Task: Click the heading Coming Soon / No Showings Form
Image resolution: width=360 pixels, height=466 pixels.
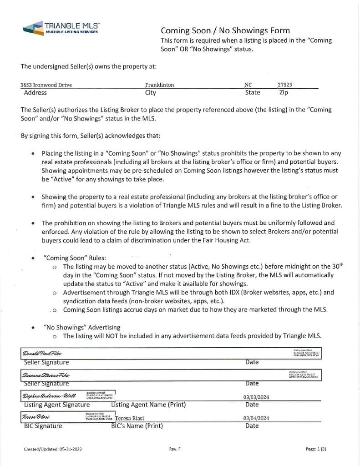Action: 225,30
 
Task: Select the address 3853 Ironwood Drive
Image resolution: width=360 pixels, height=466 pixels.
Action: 46,85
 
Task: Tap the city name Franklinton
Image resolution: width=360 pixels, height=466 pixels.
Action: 159,85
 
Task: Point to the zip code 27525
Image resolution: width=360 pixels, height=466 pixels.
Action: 285,85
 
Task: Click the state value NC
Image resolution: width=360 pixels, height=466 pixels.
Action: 248,85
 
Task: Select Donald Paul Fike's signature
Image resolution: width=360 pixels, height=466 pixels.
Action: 42,354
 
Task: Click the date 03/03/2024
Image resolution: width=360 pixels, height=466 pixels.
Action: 256,397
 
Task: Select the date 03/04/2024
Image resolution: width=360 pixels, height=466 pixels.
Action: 256,418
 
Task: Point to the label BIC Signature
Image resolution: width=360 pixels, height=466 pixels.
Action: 43,426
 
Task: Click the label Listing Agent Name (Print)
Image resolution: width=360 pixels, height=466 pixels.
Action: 148,405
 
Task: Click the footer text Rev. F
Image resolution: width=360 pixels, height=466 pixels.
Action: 175,449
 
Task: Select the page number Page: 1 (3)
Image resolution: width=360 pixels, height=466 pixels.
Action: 316,449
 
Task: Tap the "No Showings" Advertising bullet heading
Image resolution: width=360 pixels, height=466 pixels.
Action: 81,327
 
